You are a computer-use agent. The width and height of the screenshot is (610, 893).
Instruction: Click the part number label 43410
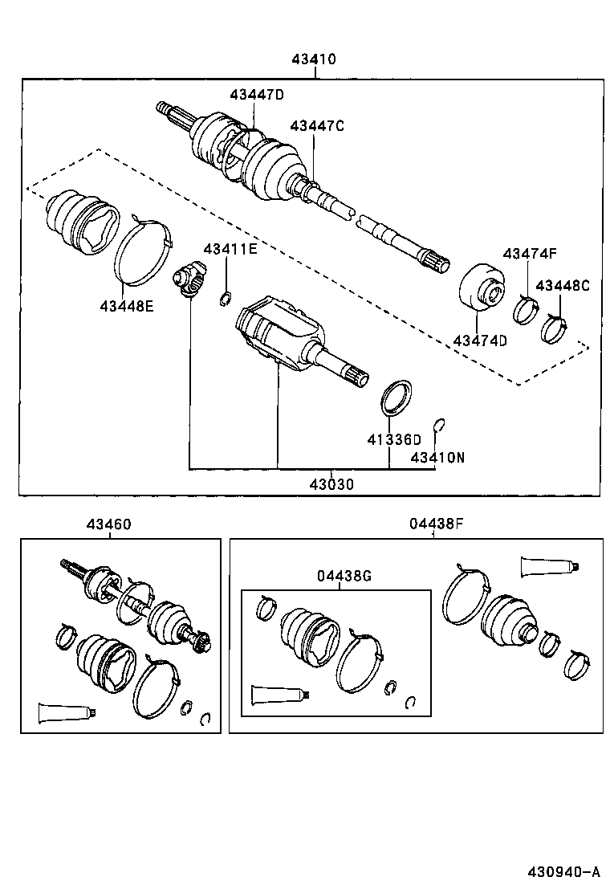[x=314, y=59]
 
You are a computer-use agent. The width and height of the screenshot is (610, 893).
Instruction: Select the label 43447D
[x=257, y=94]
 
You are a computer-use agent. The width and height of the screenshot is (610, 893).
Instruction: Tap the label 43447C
[x=317, y=125]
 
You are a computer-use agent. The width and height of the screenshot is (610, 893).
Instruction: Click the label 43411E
[x=230, y=249]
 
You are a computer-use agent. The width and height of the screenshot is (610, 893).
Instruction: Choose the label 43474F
[x=530, y=254]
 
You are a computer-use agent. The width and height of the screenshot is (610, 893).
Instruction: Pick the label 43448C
[x=562, y=285]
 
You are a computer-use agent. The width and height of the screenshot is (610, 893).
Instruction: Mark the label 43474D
[x=480, y=340]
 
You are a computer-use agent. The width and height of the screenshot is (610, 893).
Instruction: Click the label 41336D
[x=394, y=439]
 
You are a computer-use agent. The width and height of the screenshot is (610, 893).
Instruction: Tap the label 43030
[x=332, y=484]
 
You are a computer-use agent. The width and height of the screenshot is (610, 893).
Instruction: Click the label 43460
[x=109, y=524]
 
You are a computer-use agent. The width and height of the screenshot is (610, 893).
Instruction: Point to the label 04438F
[x=435, y=524]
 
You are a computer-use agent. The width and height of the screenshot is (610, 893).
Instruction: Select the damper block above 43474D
[x=481, y=287]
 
